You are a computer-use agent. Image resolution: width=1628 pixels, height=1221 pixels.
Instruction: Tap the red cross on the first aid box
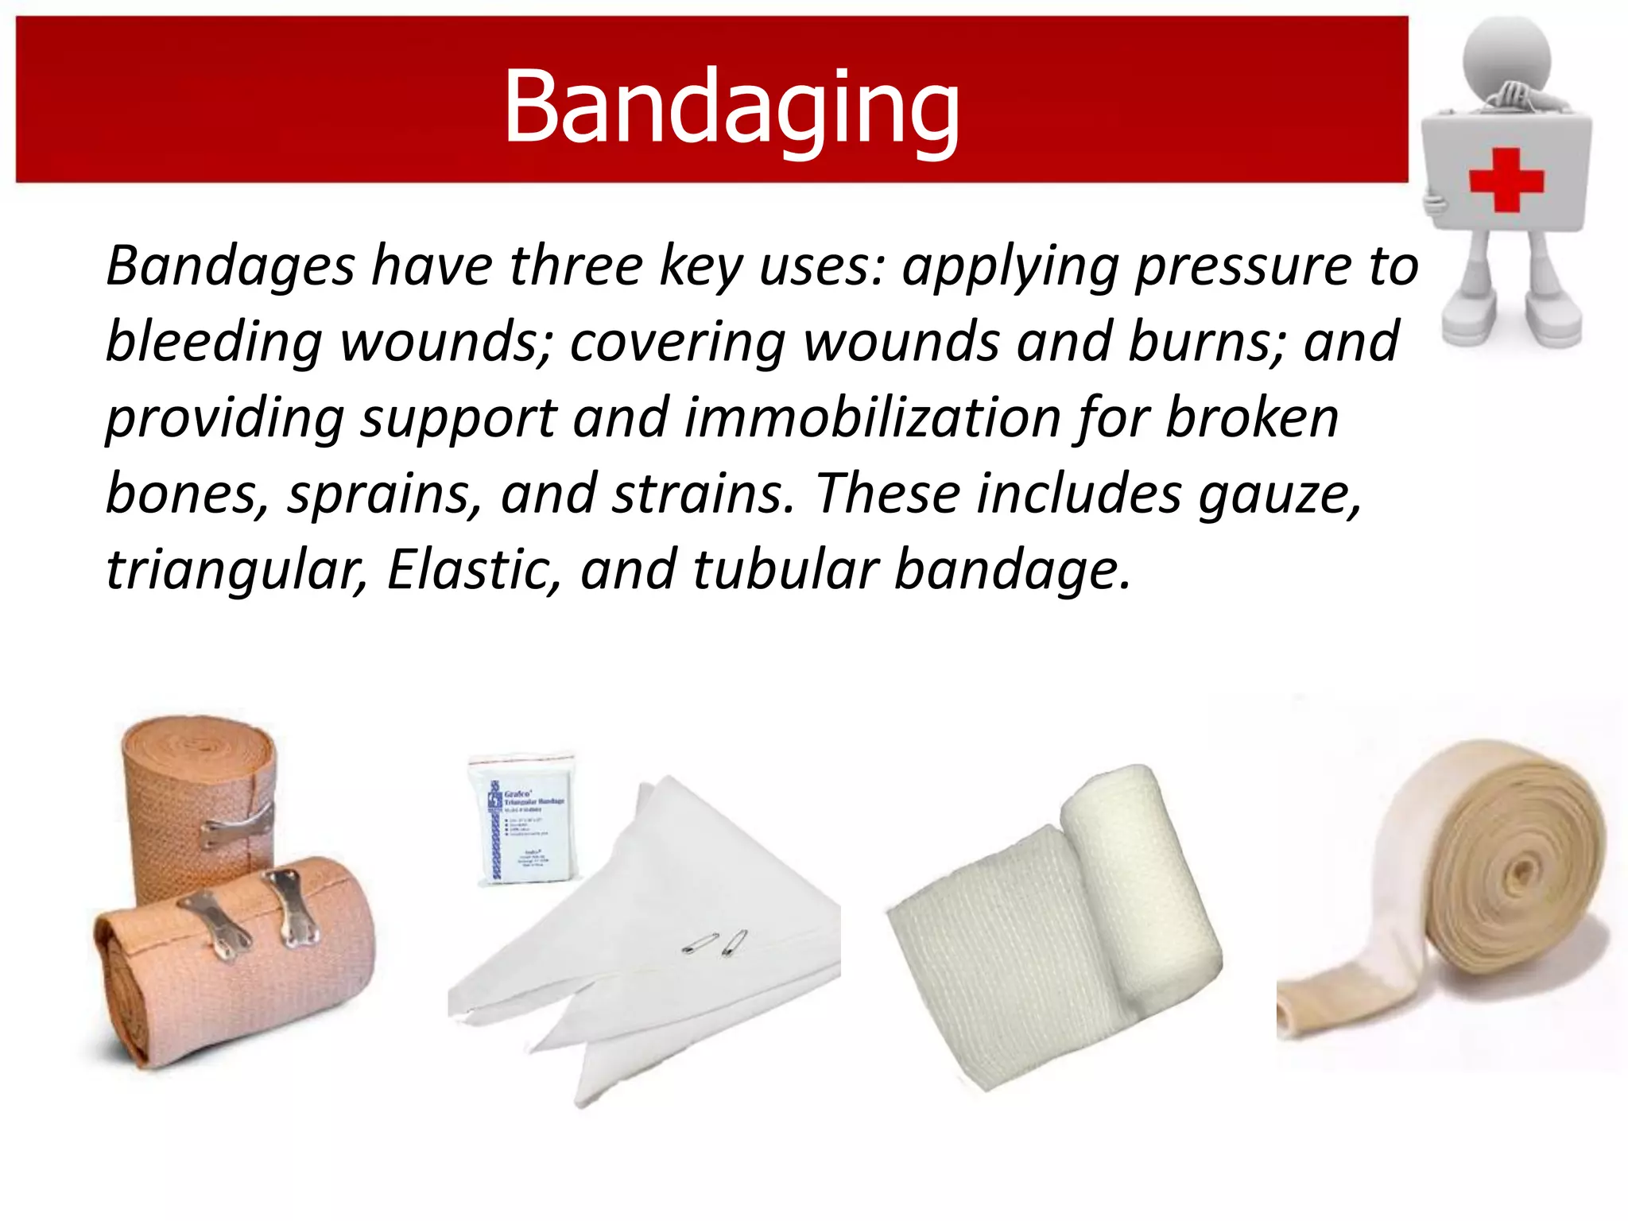coord(1506,180)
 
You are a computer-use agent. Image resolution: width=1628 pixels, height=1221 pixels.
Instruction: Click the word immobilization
coord(872,418)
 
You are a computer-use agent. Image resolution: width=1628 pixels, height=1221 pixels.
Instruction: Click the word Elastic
coord(475,569)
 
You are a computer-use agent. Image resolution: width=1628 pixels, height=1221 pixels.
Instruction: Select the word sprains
coord(384,494)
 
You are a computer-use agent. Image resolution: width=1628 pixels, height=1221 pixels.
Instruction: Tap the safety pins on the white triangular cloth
coord(715,943)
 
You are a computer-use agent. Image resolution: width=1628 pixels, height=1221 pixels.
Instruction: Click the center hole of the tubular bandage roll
coord(1520,873)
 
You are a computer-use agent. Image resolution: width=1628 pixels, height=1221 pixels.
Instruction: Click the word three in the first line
coord(576,266)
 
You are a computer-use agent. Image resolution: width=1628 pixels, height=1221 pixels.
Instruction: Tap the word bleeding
coord(213,342)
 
